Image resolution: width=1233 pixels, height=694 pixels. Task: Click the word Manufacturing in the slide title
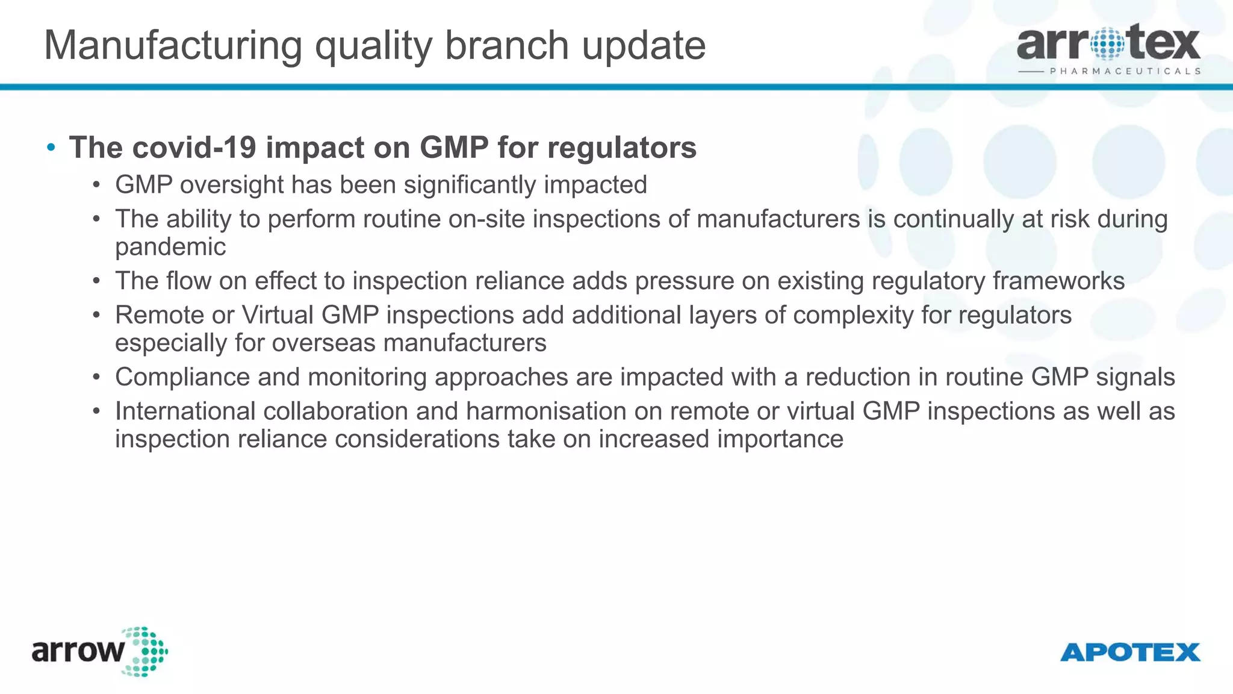(x=173, y=46)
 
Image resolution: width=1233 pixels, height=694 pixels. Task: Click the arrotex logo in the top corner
(x=1108, y=43)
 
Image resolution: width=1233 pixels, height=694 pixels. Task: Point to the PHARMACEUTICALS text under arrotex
(x=1125, y=71)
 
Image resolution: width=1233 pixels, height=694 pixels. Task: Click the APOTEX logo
(x=1130, y=652)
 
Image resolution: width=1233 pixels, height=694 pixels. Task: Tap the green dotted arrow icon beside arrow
(x=144, y=652)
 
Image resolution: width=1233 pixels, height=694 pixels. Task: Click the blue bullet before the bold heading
(x=51, y=148)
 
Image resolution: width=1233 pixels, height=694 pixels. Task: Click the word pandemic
(x=170, y=247)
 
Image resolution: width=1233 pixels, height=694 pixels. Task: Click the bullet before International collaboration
(x=96, y=411)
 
